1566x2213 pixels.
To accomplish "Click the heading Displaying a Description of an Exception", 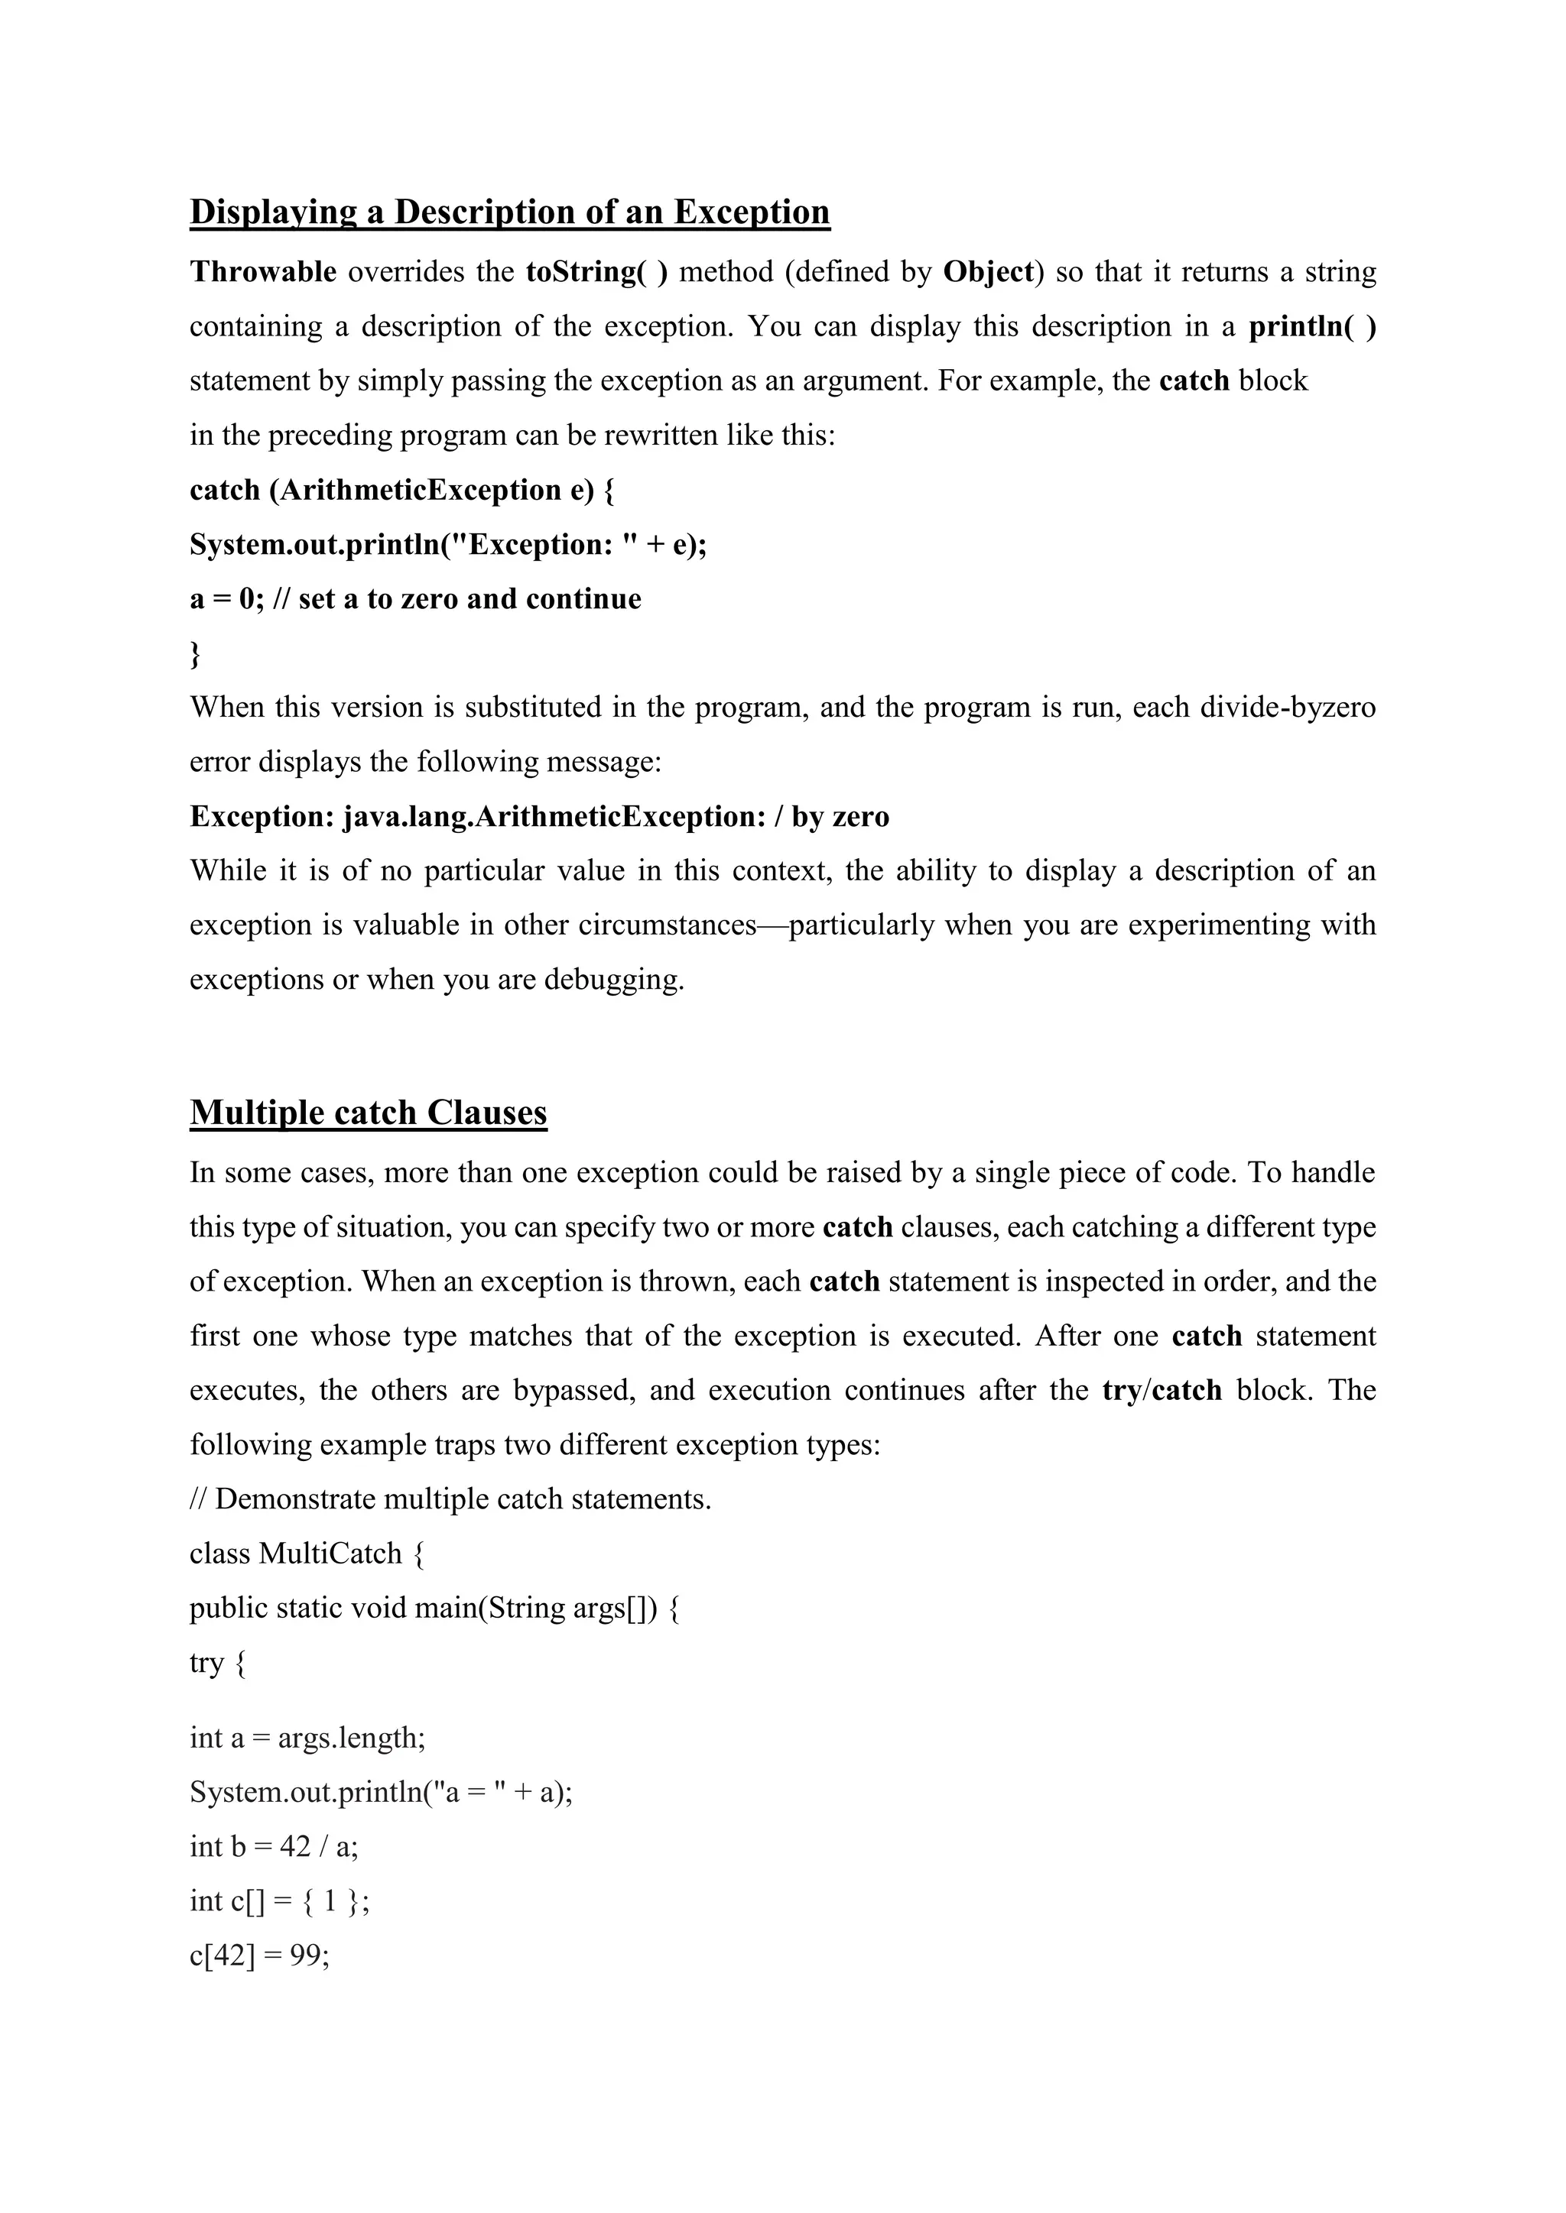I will (509, 212).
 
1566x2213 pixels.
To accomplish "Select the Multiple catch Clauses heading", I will (369, 1113).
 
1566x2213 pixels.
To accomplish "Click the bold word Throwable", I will (262, 272).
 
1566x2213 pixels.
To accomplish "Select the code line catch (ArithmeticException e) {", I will (402, 491).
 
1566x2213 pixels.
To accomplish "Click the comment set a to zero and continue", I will (469, 600).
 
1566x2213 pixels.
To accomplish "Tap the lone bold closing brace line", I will (196, 654).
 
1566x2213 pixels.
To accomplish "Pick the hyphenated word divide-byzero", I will (1288, 708).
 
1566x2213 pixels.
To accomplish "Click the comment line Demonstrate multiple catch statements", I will (462, 1500).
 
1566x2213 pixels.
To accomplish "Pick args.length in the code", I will (350, 1738).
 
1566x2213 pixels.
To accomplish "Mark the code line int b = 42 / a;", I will (274, 1847).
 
